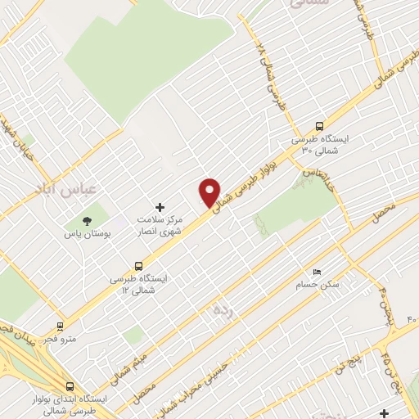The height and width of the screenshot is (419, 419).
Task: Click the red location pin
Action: tap(209, 192)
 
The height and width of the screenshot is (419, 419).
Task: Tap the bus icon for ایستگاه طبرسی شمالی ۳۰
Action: tap(319, 127)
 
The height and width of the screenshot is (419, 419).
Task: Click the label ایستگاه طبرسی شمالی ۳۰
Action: tap(321, 145)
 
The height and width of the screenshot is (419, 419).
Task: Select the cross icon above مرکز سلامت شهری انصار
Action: tap(160, 207)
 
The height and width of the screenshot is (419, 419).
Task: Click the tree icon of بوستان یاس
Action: tap(86, 221)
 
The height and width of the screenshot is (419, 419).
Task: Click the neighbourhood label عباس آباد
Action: tap(66, 188)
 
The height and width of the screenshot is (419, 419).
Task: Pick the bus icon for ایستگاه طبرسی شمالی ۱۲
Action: tap(139, 265)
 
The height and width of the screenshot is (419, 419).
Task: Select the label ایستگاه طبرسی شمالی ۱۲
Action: tap(139, 284)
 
